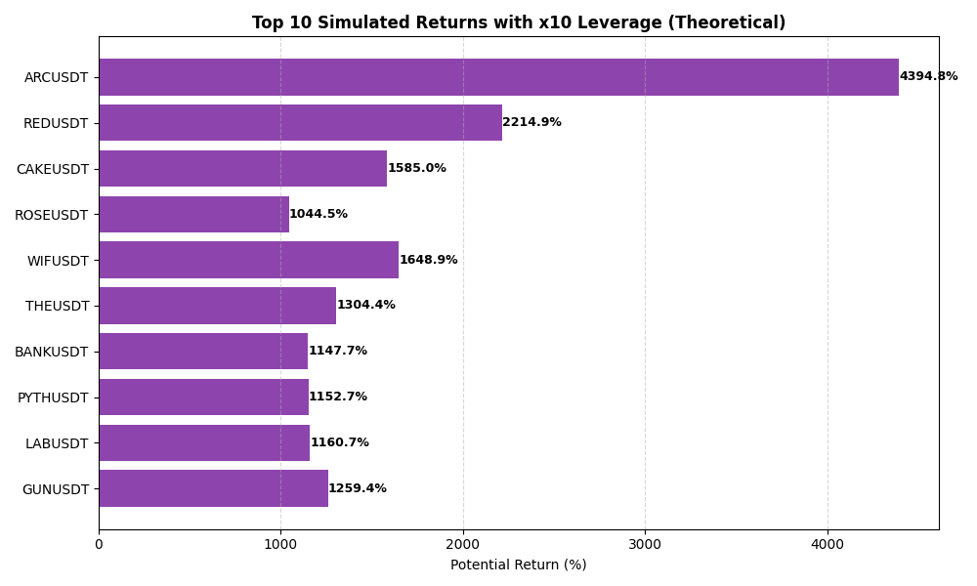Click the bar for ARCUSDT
click(498, 77)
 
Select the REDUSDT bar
click(300, 123)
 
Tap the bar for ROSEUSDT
click(193, 214)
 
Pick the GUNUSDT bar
click(213, 488)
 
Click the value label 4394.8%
click(928, 77)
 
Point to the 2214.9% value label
click(531, 123)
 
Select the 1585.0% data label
click(417, 168)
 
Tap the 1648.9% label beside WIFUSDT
click(428, 260)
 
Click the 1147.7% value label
click(338, 351)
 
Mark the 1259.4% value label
click(358, 488)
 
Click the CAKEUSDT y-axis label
click(52, 169)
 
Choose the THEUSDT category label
click(57, 306)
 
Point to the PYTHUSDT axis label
click(53, 398)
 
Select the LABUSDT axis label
click(57, 443)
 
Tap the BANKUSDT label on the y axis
click(51, 352)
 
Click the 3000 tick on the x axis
click(645, 544)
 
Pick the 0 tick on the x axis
click(99, 544)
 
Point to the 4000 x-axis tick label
click(828, 544)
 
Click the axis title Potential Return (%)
click(518, 565)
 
